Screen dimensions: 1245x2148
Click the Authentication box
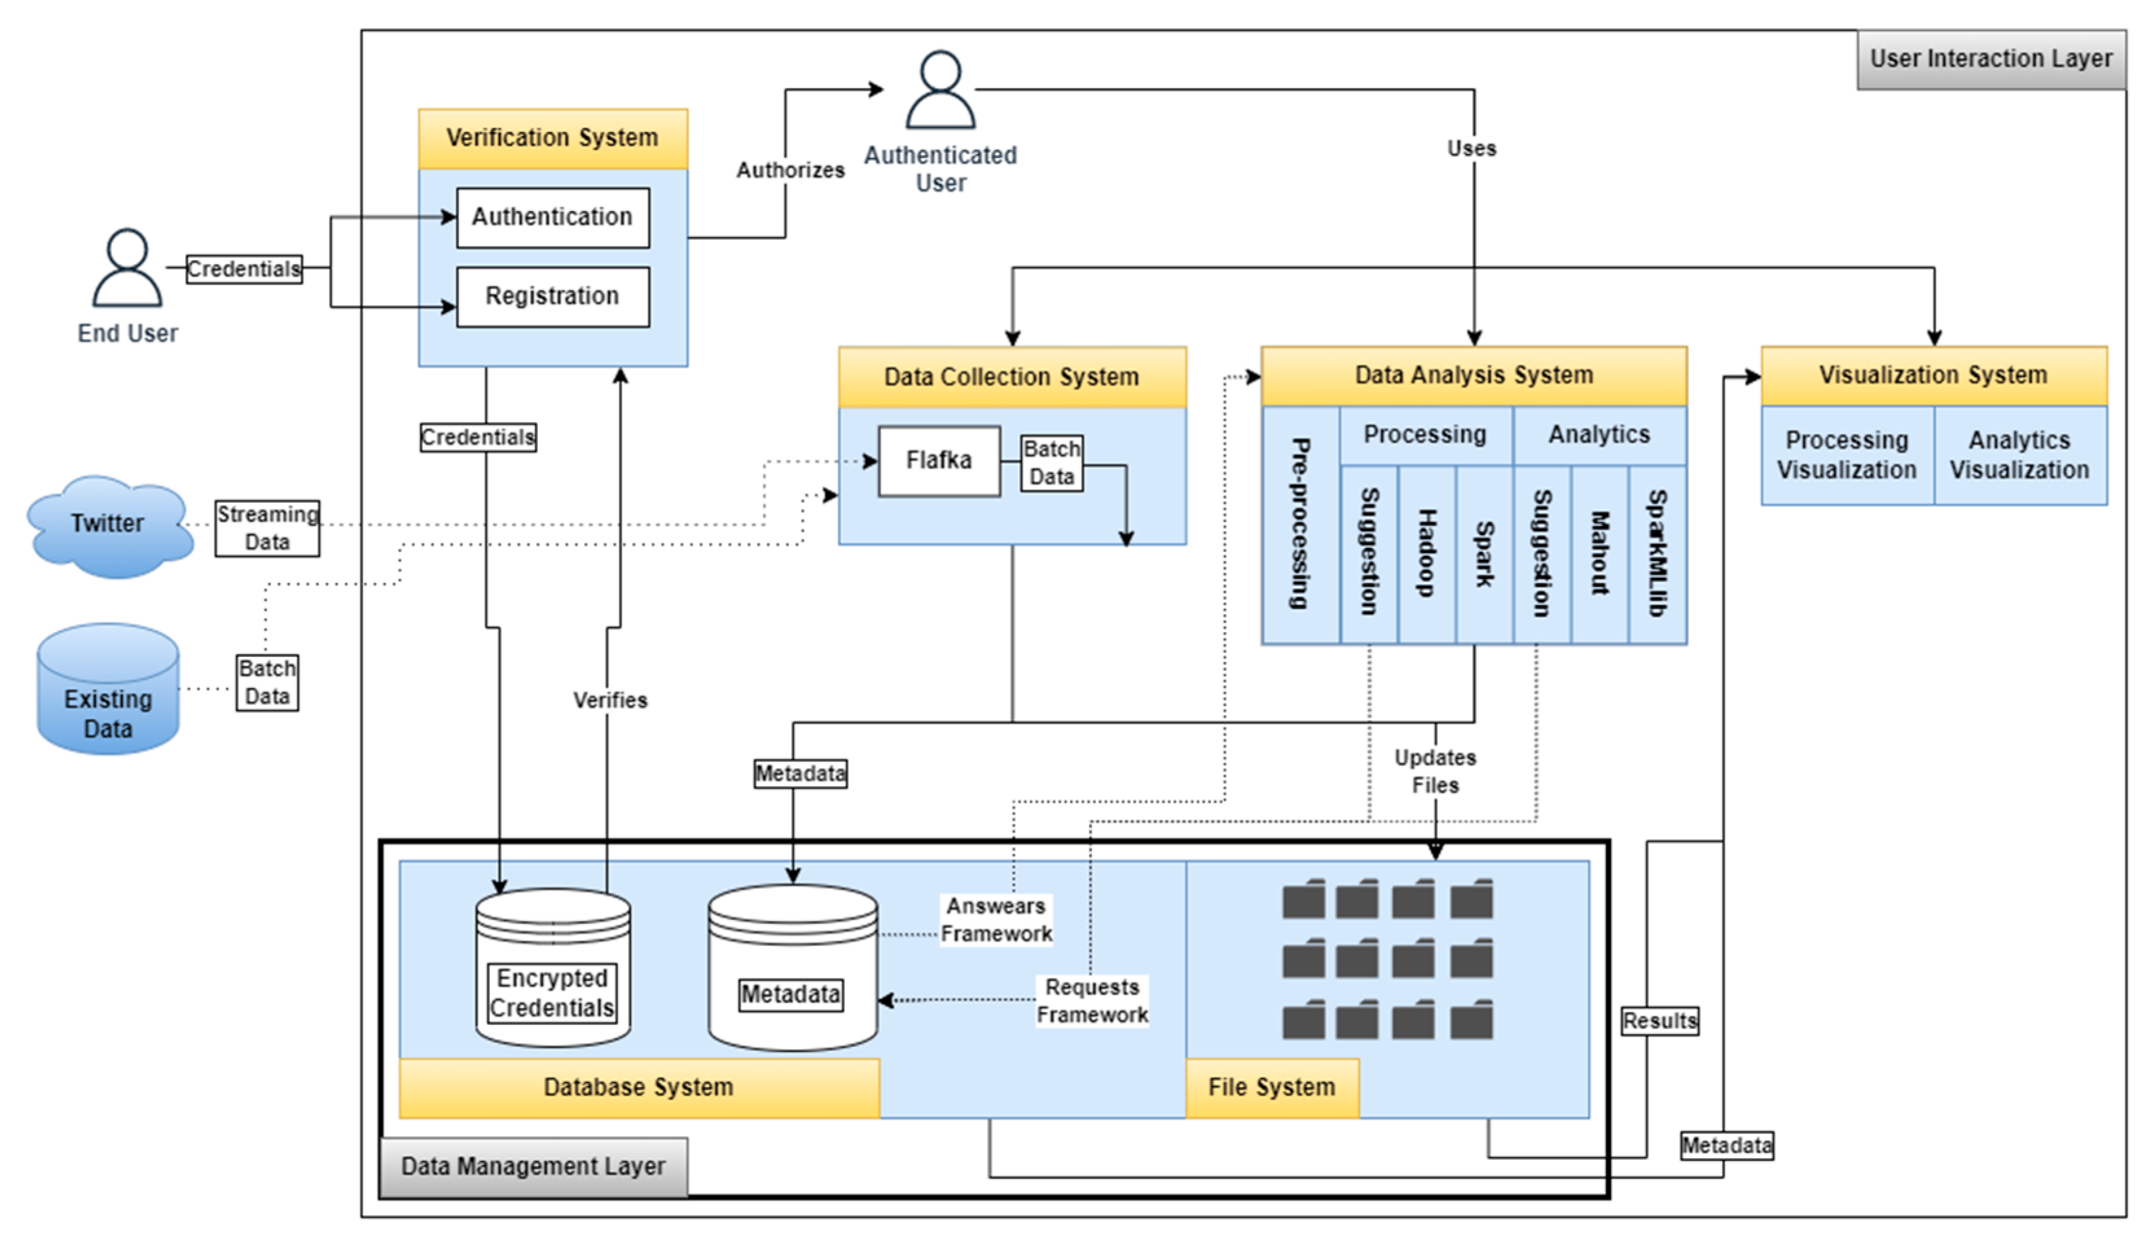click(552, 217)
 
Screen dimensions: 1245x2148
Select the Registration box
click(552, 296)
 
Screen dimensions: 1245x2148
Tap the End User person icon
click(127, 268)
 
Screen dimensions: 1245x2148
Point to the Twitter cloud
click(108, 524)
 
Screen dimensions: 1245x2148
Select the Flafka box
click(939, 461)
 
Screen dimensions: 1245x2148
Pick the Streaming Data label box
click(267, 528)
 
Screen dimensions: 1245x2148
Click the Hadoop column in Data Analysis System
click(1426, 554)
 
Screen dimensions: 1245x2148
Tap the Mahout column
click(1599, 554)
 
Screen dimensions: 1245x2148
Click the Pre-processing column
click(1300, 524)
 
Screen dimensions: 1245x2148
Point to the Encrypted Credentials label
click(552, 993)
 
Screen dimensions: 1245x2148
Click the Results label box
click(1660, 1021)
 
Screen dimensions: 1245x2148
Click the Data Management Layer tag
click(533, 1167)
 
